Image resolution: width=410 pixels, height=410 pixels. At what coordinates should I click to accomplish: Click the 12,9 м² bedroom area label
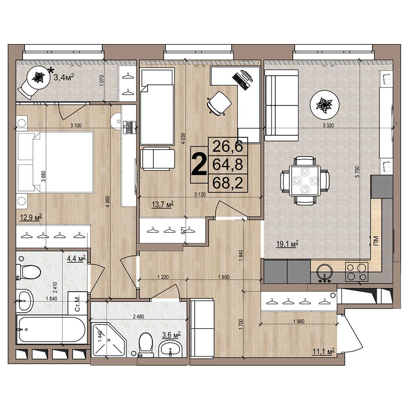[x=31, y=217]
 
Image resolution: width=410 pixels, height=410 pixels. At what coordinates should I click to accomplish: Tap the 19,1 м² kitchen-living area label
[x=287, y=244]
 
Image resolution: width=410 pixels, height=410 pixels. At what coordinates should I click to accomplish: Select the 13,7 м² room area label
[x=163, y=204]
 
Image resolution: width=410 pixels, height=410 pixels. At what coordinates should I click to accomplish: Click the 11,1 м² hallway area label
[x=324, y=352]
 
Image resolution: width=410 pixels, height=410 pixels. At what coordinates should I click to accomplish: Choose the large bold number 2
[x=199, y=164]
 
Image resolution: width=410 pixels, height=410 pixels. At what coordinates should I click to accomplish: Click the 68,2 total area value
[x=228, y=183]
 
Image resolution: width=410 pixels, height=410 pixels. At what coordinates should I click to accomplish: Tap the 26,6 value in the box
[x=228, y=146]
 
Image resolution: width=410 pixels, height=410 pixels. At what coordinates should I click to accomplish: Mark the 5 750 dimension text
[x=357, y=171]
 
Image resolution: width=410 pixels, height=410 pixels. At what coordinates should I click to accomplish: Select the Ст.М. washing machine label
[x=77, y=303]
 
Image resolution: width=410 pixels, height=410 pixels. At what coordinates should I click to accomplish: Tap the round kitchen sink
[x=324, y=271]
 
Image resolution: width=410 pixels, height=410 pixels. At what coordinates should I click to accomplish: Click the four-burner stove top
[x=357, y=272]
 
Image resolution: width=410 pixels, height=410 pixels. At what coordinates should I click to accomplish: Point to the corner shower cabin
[x=109, y=339]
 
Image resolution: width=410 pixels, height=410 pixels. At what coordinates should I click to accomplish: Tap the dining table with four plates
[x=305, y=181]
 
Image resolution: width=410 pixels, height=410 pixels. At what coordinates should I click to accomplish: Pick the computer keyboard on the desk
[x=240, y=81]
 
